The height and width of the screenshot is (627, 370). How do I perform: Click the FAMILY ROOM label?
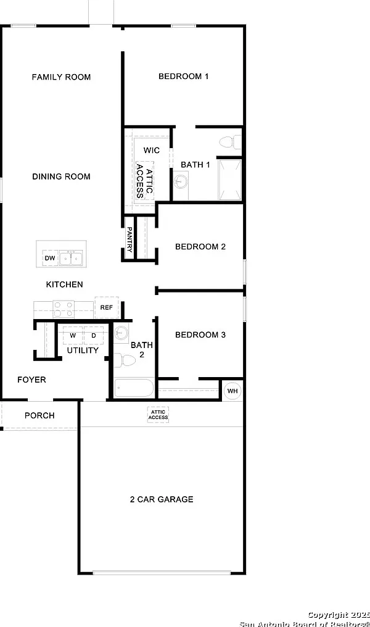pyautogui.click(x=61, y=77)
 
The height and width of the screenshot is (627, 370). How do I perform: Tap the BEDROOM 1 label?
pyautogui.click(x=183, y=76)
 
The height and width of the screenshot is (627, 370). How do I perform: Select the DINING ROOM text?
pyautogui.click(x=61, y=176)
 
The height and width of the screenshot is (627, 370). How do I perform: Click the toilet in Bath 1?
pyautogui.click(x=230, y=142)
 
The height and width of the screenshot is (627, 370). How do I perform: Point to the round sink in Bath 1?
pyautogui.click(x=181, y=181)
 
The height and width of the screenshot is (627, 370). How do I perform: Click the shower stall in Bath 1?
pyautogui.click(x=230, y=180)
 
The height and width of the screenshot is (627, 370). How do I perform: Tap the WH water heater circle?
pyautogui.click(x=232, y=391)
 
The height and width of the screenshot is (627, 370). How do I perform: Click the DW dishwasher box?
pyautogui.click(x=51, y=259)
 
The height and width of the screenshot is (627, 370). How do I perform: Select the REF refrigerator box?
pyautogui.click(x=106, y=307)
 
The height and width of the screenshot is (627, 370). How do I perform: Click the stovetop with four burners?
pyautogui.click(x=64, y=309)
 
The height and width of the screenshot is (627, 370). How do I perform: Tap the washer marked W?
pyautogui.click(x=73, y=335)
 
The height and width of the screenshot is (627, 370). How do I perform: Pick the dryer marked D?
pyautogui.click(x=94, y=335)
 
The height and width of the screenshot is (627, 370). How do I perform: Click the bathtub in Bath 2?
pyautogui.click(x=134, y=388)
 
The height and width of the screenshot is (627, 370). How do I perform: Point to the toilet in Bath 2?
pyautogui.click(x=125, y=360)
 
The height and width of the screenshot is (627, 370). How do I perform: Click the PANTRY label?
pyautogui.click(x=129, y=239)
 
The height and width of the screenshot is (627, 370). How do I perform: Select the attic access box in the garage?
pyautogui.click(x=158, y=415)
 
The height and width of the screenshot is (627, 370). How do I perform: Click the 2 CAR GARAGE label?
pyautogui.click(x=162, y=499)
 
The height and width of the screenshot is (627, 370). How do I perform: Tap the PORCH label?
pyautogui.click(x=39, y=415)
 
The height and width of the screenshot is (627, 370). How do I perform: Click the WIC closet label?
pyautogui.click(x=152, y=151)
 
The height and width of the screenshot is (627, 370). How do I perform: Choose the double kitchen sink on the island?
pyautogui.click(x=71, y=259)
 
